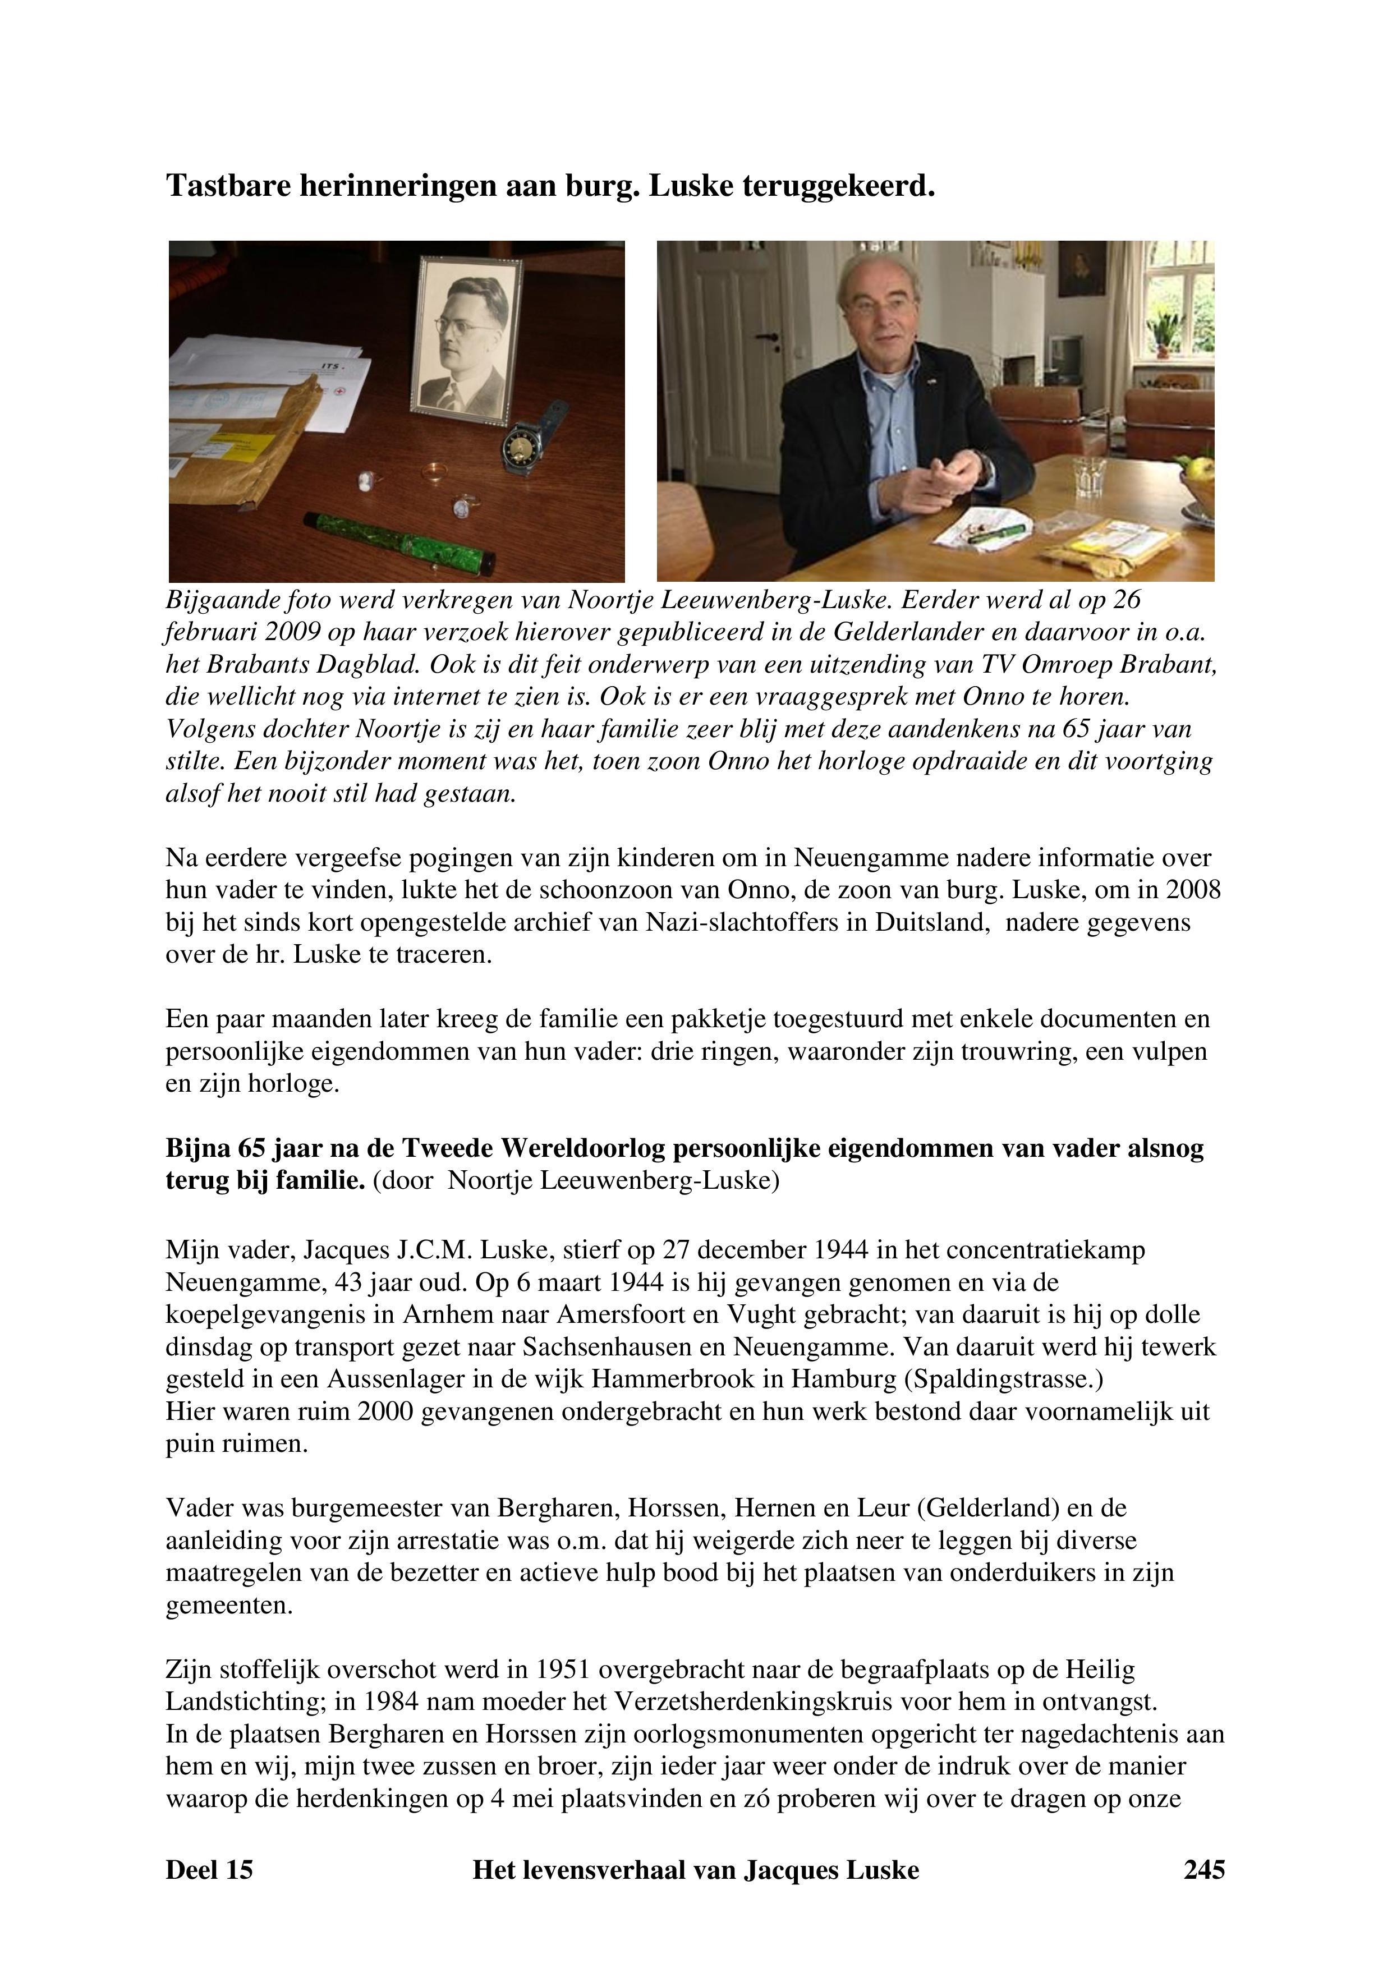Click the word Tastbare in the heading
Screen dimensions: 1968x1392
[x=229, y=185]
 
